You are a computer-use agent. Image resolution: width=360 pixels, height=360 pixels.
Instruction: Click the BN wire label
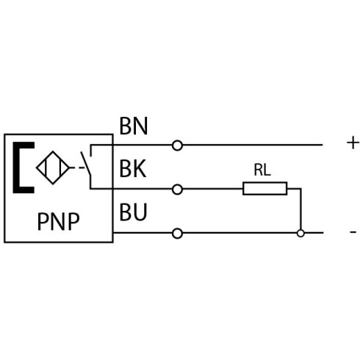134,126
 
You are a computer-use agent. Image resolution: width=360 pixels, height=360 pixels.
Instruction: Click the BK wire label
133,168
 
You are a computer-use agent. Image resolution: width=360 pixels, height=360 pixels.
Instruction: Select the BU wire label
133,212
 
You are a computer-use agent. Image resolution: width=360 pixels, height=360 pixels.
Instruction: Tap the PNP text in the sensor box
58,221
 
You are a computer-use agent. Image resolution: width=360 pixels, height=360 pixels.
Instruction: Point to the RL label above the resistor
262,170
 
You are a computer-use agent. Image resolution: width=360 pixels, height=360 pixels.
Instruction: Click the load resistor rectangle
264,189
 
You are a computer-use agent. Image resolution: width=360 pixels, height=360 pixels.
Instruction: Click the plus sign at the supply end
353,143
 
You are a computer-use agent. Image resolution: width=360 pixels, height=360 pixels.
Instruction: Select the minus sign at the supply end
353,231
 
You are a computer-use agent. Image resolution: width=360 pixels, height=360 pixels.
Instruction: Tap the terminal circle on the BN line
177,145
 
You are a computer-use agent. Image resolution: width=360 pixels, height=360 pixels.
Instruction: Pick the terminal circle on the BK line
177,190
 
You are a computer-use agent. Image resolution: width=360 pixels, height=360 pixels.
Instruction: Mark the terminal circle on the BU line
177,234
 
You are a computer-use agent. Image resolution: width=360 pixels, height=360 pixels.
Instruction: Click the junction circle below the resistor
300,233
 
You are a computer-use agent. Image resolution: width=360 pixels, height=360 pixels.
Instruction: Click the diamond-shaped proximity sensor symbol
53,168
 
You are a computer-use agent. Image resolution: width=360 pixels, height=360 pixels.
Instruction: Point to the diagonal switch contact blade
86,164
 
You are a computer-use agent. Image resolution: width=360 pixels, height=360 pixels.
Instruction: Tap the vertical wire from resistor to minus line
300,209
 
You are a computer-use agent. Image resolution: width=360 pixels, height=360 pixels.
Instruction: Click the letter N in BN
140,126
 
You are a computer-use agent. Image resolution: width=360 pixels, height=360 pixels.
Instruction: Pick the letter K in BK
140,168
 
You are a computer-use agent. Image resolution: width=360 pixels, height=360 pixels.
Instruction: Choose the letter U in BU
140,212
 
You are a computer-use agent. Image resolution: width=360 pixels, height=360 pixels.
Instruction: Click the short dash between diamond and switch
82,168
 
